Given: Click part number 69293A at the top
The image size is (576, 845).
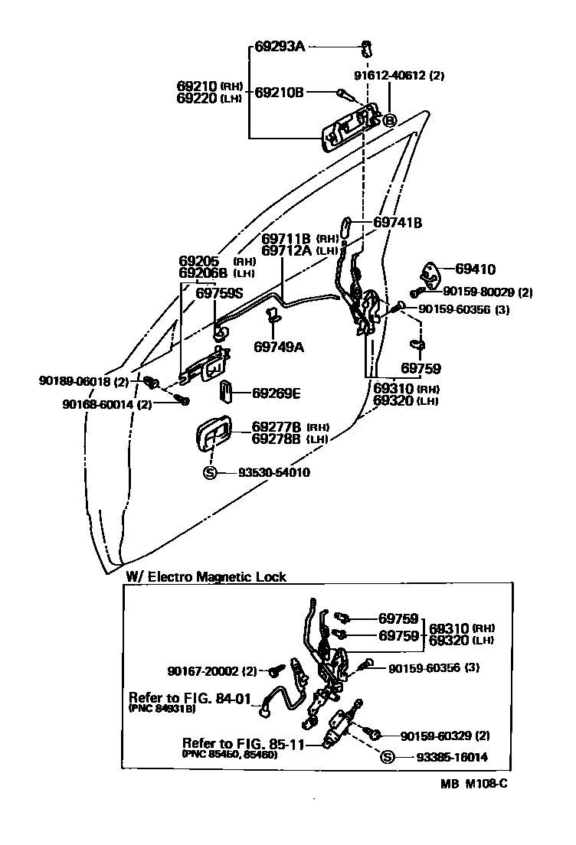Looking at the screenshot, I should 280,47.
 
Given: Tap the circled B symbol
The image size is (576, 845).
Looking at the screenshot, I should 389,119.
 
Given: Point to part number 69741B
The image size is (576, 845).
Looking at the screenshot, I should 398,223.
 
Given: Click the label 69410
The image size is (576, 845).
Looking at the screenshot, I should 475,269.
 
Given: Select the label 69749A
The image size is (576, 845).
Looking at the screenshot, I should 279,347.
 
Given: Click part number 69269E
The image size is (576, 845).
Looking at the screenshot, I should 277,393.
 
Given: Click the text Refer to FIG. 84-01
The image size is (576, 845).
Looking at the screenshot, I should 191,698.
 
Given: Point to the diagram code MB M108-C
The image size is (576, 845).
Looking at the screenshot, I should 473,783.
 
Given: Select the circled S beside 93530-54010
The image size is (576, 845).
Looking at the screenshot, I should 210,473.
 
